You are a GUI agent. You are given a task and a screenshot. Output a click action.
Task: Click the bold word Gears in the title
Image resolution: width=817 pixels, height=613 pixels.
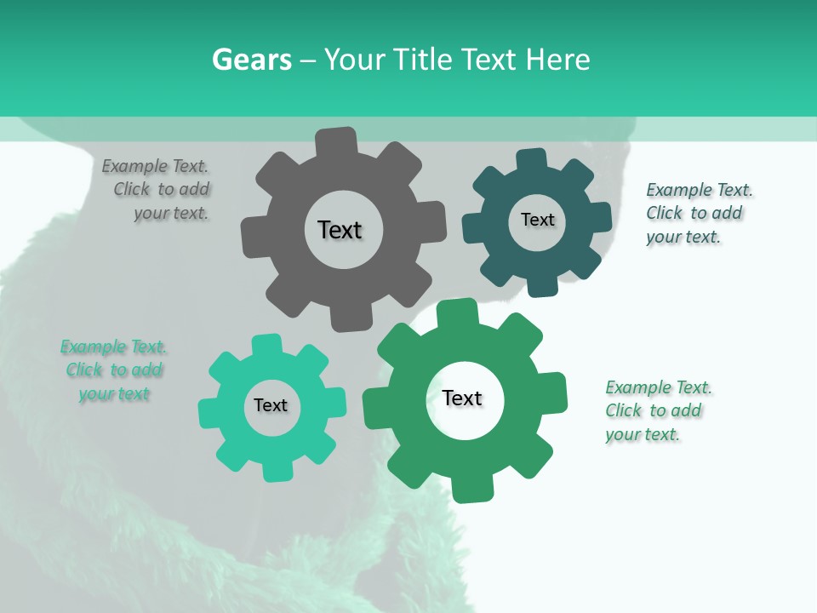252,60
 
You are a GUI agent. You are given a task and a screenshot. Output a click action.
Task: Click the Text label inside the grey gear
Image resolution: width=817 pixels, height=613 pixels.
340,230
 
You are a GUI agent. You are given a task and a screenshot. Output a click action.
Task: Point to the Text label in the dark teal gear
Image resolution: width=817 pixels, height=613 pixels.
537,220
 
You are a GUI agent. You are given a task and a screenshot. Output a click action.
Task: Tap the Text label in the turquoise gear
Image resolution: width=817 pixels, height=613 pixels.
271,405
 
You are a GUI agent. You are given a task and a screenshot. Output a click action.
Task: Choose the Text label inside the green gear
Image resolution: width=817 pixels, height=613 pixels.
462,398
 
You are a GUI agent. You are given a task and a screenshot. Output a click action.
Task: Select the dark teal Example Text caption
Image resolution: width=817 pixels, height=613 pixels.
699,213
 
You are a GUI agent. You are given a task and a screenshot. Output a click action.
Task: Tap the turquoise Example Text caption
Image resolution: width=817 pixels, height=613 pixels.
113,370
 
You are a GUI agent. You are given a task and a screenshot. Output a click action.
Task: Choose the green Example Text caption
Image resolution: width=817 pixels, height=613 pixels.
658,410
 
